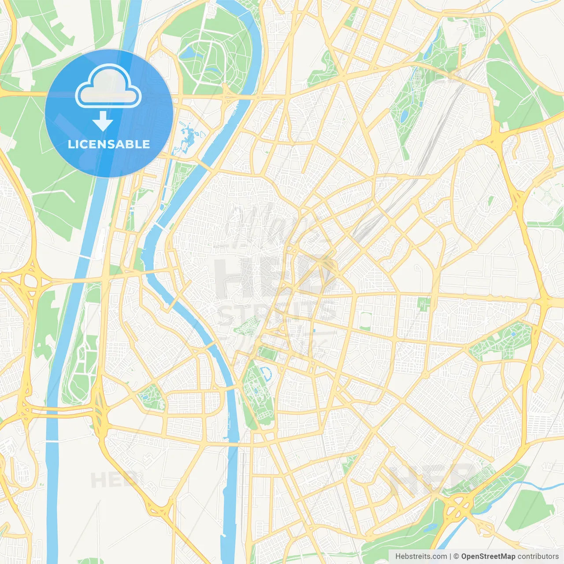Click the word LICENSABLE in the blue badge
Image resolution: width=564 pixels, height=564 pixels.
[x=109, y=144]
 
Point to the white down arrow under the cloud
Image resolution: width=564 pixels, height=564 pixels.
[x=103, y=121]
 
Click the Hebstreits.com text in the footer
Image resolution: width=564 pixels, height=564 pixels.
[x=421, y=557]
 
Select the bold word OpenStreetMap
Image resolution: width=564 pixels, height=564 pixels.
[x=488, y=557]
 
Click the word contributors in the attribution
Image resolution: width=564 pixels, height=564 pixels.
[x=538, y=557]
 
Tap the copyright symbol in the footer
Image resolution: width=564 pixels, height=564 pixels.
[x=456, y=557]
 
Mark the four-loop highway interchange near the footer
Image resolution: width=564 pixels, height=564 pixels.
[x=458, y=507]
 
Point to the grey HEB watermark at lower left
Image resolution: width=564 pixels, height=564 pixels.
[x=112, y=480]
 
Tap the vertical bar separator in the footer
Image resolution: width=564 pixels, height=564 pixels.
[x=450, y=557]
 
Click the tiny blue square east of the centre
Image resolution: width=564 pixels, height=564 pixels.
[x=314, y=330]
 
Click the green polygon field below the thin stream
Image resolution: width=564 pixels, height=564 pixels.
[x=529, y=509]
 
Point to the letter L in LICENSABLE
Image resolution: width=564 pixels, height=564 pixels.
[x=70, y=144]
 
